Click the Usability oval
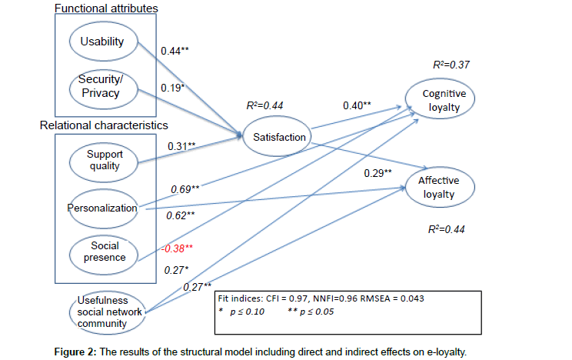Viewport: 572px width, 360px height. pos(102,42)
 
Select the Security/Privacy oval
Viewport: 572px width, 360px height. pos(102,87)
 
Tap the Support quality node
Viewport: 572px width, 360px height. pos(105,159)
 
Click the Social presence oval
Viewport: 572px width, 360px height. pos(105,252)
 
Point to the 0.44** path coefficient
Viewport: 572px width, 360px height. pos(175,52)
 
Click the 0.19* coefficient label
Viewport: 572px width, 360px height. pos(173,88)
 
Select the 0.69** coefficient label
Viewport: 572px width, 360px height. pos(185,188)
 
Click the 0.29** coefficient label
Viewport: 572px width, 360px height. pos(377,172)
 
